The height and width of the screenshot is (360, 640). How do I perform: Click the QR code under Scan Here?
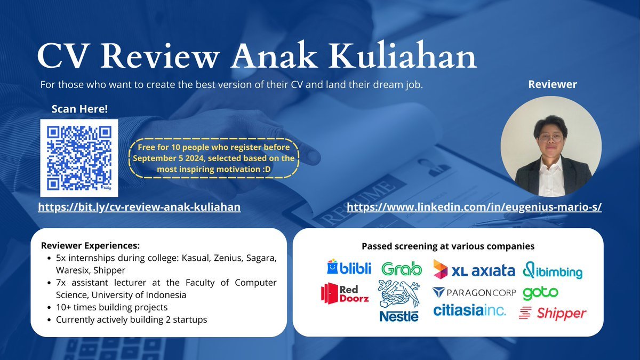pos(79,158)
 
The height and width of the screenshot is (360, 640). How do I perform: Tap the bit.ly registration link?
pos(139,207)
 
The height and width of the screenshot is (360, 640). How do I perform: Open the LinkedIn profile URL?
pos(474,207)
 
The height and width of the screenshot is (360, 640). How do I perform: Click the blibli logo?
pos(349,267)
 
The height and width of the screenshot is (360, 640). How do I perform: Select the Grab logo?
pos(402,269)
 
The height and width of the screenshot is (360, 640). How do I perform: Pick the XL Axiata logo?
pos(474,269)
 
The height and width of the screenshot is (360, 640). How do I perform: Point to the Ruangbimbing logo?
pos(553,270)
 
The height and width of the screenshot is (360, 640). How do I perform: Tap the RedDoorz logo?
pos(345,293)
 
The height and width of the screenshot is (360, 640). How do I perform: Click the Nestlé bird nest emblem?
pos(398,294)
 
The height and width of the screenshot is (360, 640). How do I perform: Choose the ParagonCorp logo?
pos(474,293)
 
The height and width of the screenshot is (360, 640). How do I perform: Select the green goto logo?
pos(540,293)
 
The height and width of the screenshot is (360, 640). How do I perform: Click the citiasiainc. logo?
pos(469,310)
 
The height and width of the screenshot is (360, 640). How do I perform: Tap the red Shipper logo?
pos(553,314)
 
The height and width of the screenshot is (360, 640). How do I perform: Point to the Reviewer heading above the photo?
pos(553,84)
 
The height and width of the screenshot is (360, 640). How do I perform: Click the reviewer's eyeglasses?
pos(550,138)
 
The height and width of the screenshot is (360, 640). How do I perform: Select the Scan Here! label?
pos(79,109)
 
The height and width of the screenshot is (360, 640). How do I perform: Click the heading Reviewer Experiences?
pos(90,245)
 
